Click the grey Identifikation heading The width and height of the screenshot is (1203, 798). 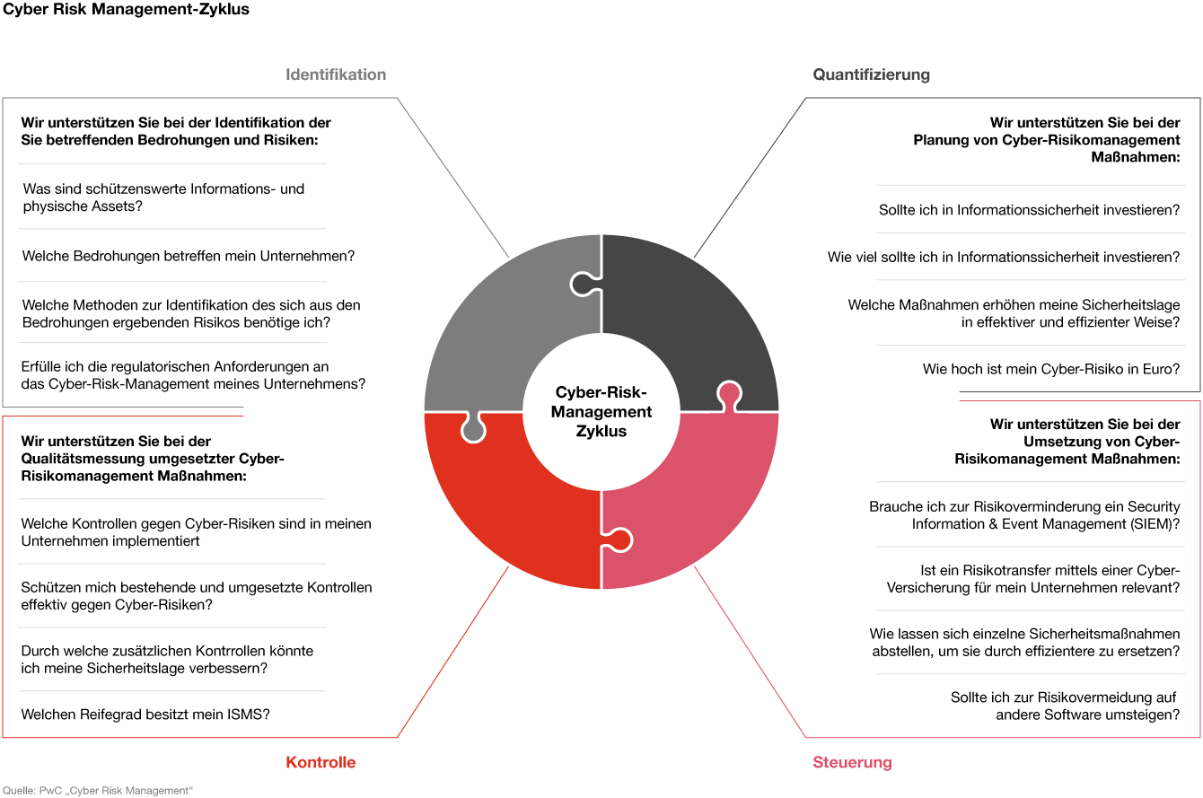point(336,75)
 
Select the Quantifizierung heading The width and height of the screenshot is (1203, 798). point(871,75)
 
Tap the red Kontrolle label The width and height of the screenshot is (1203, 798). point(321,762)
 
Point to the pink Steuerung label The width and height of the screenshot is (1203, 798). point(852,762)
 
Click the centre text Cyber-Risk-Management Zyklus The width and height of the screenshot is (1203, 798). point(601,411)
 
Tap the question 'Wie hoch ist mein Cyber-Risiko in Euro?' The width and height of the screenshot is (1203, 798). point(1051,369)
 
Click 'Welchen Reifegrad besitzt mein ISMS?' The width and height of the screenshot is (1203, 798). point(145,715)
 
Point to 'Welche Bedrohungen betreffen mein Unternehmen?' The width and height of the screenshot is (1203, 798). point(189,256)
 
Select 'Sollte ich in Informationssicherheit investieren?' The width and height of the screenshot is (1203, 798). point(1029,209)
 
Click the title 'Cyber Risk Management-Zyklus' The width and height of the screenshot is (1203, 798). point(127,9)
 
